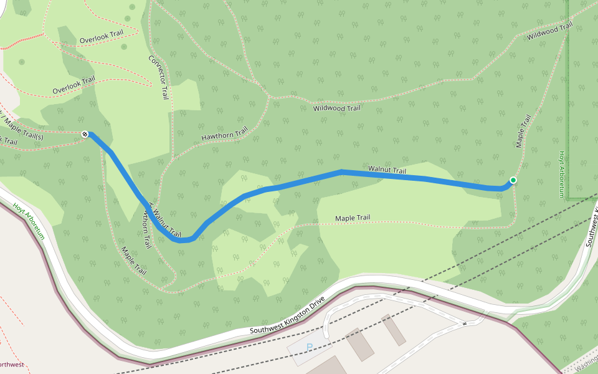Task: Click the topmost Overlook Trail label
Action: (102, 37)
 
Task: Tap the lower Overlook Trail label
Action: (74, 85)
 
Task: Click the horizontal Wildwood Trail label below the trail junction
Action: (336, 108)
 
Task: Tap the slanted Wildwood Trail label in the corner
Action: (549, 31)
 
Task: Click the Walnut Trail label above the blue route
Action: (387, 170)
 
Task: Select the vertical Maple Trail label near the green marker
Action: (523, 131)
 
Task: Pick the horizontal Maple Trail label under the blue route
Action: (353, 218)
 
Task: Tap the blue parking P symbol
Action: (309, 348)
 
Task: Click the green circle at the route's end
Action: (513, 180)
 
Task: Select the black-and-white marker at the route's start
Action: (85, 133)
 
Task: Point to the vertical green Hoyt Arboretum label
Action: (561, 174)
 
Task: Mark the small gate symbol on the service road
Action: (464, 324)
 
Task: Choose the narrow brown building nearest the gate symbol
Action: (393, 330)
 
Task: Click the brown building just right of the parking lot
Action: (359, 344)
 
